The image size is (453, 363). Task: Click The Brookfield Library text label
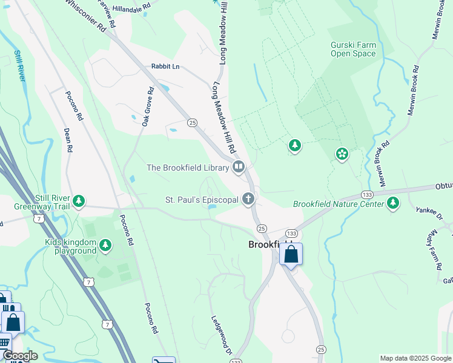[x=187, y=168]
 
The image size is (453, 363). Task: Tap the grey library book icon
[x=239, y=167]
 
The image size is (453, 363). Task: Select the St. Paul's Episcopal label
[x=202, y=199]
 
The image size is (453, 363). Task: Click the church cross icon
[x=248, y=198]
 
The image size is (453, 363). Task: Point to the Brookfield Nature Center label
[x=339, y=204]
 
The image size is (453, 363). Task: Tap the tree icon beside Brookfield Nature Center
[x=394, y=203]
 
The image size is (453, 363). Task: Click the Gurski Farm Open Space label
[x=353, y=49]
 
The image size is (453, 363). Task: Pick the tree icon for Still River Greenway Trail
[x=78, y=201]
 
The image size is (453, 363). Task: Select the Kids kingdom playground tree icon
[x=106, y=245]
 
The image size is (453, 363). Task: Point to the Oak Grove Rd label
[x=146, y=108]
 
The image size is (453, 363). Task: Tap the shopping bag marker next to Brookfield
[x=291, y=255]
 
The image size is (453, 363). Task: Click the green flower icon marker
[x=342, y=155]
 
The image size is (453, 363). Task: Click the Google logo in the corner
[x=19, y=356]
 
